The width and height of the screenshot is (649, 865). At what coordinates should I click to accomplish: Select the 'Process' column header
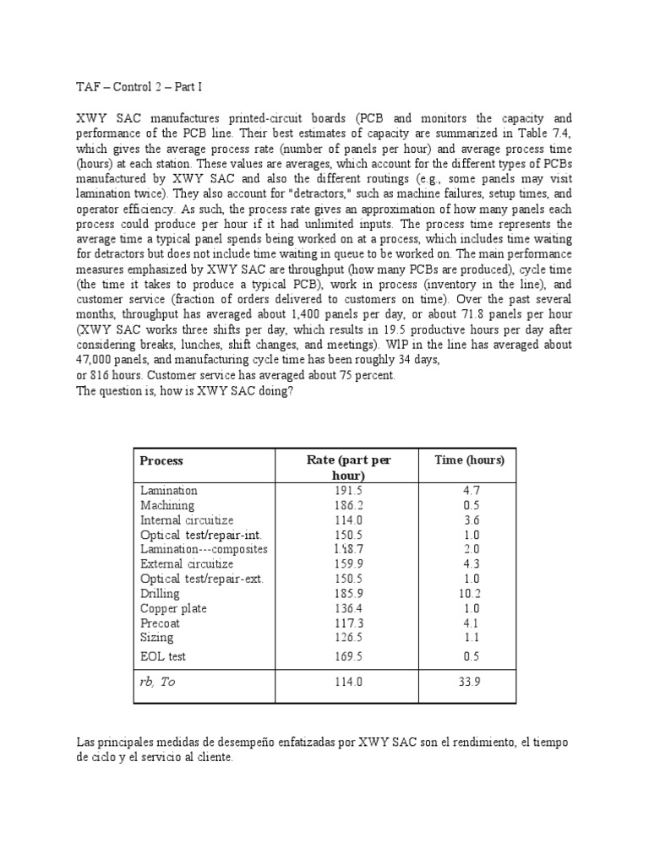161,460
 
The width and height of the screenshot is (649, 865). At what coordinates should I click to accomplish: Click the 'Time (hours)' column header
469,460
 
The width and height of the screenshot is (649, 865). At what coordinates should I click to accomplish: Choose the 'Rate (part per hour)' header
348,467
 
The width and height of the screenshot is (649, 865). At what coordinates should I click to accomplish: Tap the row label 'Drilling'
160,594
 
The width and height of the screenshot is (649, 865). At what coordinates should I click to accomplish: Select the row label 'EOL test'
163,656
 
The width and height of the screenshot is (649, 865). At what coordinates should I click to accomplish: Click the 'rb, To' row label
158,682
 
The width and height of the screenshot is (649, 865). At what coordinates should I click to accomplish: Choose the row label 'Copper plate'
173,608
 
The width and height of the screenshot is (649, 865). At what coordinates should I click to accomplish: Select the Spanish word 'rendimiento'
481,742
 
